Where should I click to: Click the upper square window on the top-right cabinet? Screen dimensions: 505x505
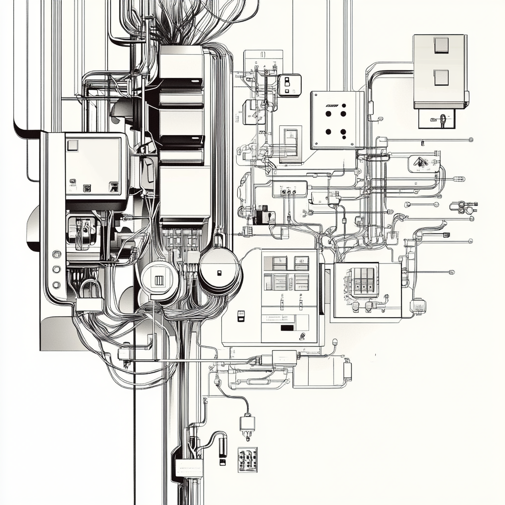pyautogui.click(x=441, y=45)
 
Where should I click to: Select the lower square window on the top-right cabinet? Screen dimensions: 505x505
pyautogui.click(x=441, y=77)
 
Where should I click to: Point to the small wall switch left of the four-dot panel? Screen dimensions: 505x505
pyautogui.click(x=289, y=85)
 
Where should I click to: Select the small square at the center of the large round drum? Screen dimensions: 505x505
pyautogui.click(x=218, y=273)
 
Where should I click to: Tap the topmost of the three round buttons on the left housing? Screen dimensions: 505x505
pyautogui.click(x=56, y=254)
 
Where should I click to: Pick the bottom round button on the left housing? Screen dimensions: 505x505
pyautogui.click(x=56, y=285)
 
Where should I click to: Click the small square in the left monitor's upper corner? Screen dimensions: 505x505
pyautogui.click(x=72, y=145)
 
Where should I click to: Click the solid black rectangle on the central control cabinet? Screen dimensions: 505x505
pyautogui.click(x=287, y=327)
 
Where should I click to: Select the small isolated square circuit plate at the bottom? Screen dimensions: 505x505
pyautogui.click(x=247, y=460)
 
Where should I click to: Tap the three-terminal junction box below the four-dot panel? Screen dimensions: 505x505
pyautogui.click(x=289, y=189)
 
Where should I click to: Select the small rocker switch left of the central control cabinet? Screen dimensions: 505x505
pyautogui.click(x=241, y=316)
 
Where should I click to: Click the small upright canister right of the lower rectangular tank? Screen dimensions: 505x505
pyautogui.click(x=348, y=370)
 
